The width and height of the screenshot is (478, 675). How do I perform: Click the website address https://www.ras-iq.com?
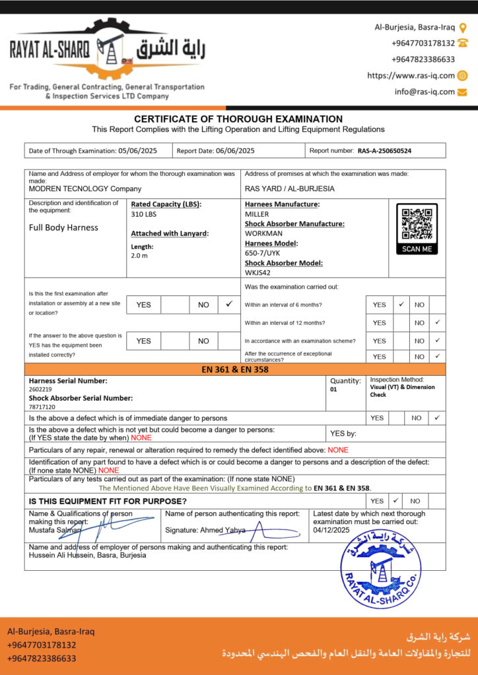411,76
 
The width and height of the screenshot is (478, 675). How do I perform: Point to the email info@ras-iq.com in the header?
425,92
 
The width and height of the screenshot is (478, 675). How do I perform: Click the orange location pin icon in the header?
463,28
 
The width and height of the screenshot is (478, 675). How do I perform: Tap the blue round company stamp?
380,570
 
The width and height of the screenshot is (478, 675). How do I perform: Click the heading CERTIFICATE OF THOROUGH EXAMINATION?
238,119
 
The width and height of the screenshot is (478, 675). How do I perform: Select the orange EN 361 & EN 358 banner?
235,370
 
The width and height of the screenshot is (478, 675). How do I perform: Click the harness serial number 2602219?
40,390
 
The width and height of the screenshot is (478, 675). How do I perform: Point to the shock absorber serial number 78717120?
42,407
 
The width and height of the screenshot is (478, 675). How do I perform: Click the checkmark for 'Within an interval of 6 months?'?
401,305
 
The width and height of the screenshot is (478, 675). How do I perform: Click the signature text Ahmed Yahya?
224,530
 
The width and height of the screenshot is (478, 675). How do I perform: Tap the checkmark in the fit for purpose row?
395,501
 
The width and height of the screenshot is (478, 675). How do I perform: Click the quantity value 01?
333,390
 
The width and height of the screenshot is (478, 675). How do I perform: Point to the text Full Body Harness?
63,227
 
